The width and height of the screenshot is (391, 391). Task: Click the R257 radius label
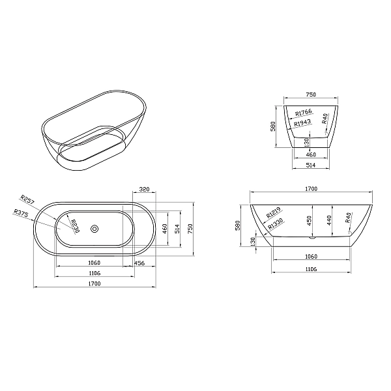click(x=27, y=199)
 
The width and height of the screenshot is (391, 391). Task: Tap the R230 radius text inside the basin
click(x=75, y=226)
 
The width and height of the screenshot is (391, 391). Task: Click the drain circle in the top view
click(x=94, y=229)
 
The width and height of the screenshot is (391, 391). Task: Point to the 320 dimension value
click(x=144, y=189)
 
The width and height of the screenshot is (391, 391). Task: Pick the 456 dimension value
click(x=139, y=263)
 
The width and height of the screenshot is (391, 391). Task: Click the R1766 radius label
click(x=304, y=113)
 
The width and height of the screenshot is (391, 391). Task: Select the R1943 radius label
click(x=302, y=123)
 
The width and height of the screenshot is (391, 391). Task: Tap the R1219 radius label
click(x=274, y=212)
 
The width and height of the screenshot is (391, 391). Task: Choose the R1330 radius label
click(x=276, y=224)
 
